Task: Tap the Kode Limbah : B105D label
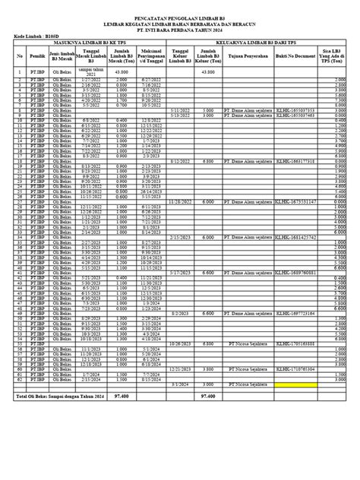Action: coord(37,36)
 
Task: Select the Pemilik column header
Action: coord(36,56)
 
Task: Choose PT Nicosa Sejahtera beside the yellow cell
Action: coord(248,406)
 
